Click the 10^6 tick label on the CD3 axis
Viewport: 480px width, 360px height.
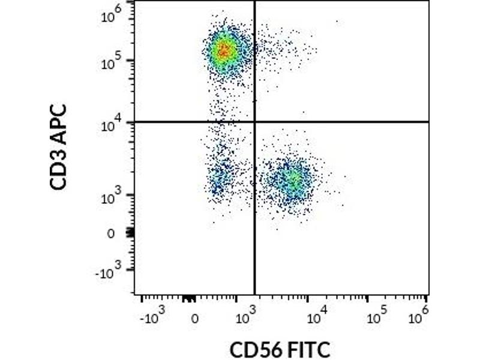114,11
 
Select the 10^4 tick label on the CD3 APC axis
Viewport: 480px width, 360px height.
114,124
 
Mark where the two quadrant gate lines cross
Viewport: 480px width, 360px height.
255,122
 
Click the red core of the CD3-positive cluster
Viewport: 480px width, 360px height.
224,50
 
